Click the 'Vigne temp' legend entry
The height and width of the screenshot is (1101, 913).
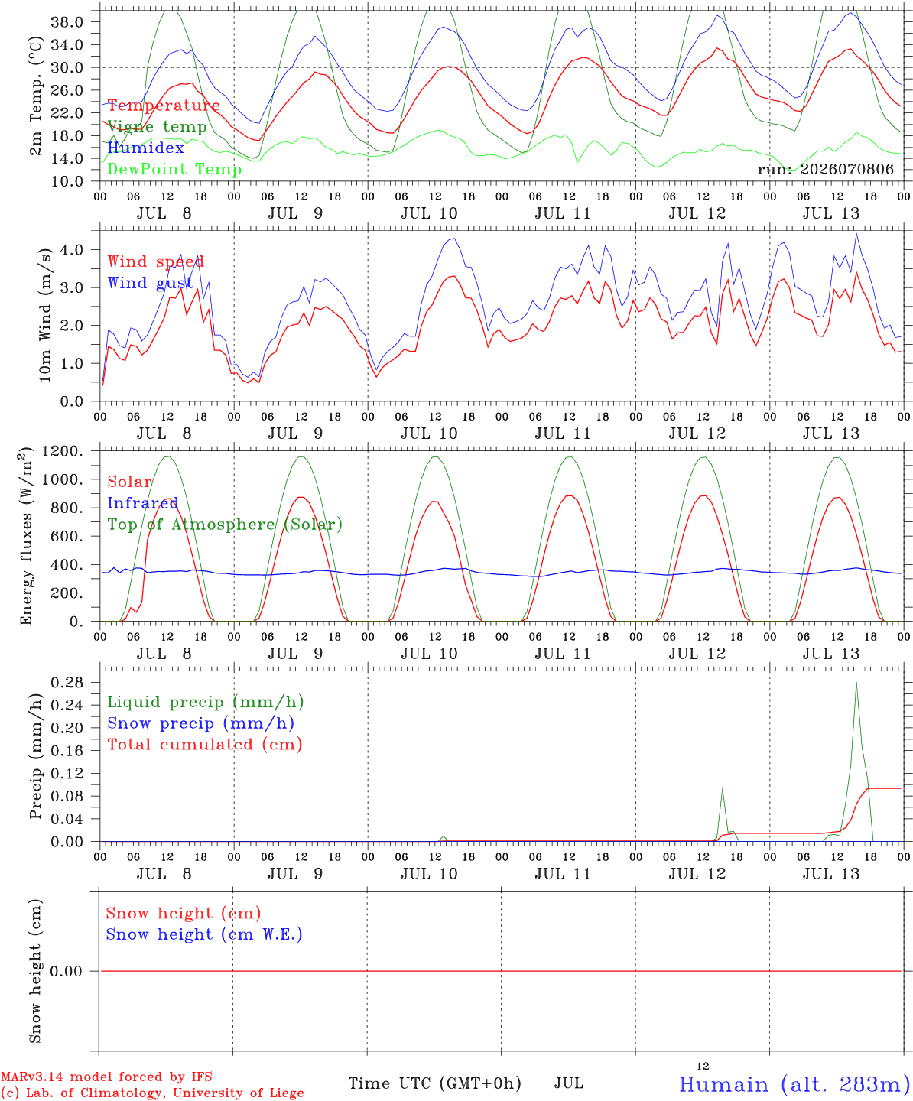(x=157, y=127)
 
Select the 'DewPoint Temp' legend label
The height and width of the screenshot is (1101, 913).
(x=174, y=169)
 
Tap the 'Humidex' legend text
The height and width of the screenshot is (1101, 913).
(x=145, y=148)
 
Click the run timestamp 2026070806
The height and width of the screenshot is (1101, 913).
(x=846, y=169)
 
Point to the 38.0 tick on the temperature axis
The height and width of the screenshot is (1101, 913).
(x=67, y=22)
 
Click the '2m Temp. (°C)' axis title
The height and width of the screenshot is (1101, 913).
(x=35, y=96)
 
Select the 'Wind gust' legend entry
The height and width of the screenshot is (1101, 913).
(x=151, y=283)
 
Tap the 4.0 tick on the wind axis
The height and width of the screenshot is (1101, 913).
(x=72, y=250)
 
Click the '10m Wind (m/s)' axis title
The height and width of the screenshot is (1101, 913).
(x=45, y=315)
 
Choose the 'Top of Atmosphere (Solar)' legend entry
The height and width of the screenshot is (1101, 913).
(x=226, y=525)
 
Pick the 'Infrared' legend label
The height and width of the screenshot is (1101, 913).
(x=143, y=503)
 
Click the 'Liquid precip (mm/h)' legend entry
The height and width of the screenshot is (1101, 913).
(x=206, y=703)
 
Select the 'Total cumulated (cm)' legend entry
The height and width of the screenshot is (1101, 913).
(x=205, y=745)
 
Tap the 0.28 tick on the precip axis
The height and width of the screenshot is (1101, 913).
(x=67, y=683)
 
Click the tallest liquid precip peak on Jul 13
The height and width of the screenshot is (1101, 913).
(x=856, y=683)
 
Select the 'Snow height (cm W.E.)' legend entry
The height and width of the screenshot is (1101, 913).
(x=204, y=934)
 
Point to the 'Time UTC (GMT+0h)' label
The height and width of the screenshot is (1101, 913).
(x=434, y=1083)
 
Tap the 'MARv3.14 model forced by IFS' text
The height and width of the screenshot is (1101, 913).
(x=107, y=1077)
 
